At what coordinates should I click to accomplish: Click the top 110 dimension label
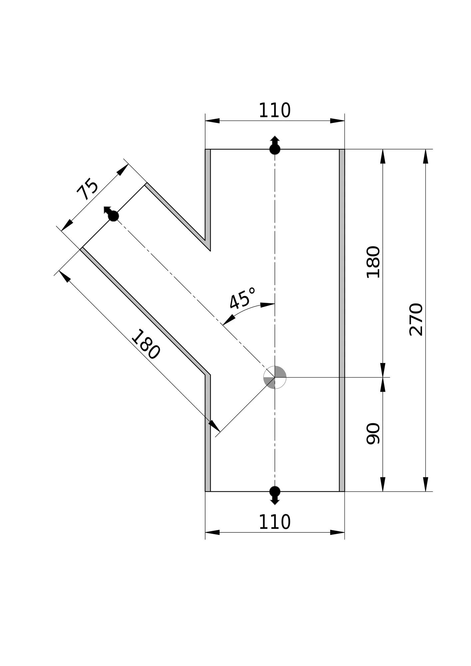click(274, 111)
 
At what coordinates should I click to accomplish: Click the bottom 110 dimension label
click(274, 522)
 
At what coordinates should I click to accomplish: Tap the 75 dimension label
click(87, 189)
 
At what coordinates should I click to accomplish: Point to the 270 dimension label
click(416, 319)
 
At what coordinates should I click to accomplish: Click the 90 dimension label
click(373, 434)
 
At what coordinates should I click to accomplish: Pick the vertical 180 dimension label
click(373, 262)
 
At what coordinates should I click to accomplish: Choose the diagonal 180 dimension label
click(146, 344)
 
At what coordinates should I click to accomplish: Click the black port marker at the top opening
click(275, 146)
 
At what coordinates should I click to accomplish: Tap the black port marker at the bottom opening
click(275, 495)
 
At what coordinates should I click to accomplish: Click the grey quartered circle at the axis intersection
click(275, 377)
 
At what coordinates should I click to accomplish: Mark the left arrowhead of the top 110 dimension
click(213, 121)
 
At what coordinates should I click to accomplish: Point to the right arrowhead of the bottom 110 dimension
click(337, 532)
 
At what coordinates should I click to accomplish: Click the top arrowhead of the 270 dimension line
click(425, 157)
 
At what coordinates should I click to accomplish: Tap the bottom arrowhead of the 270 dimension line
click(425, 484)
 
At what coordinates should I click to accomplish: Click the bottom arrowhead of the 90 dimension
click(383, 484)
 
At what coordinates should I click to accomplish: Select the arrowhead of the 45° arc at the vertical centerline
click(267, 305)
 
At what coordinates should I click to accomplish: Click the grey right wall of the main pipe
click(342, 320)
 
